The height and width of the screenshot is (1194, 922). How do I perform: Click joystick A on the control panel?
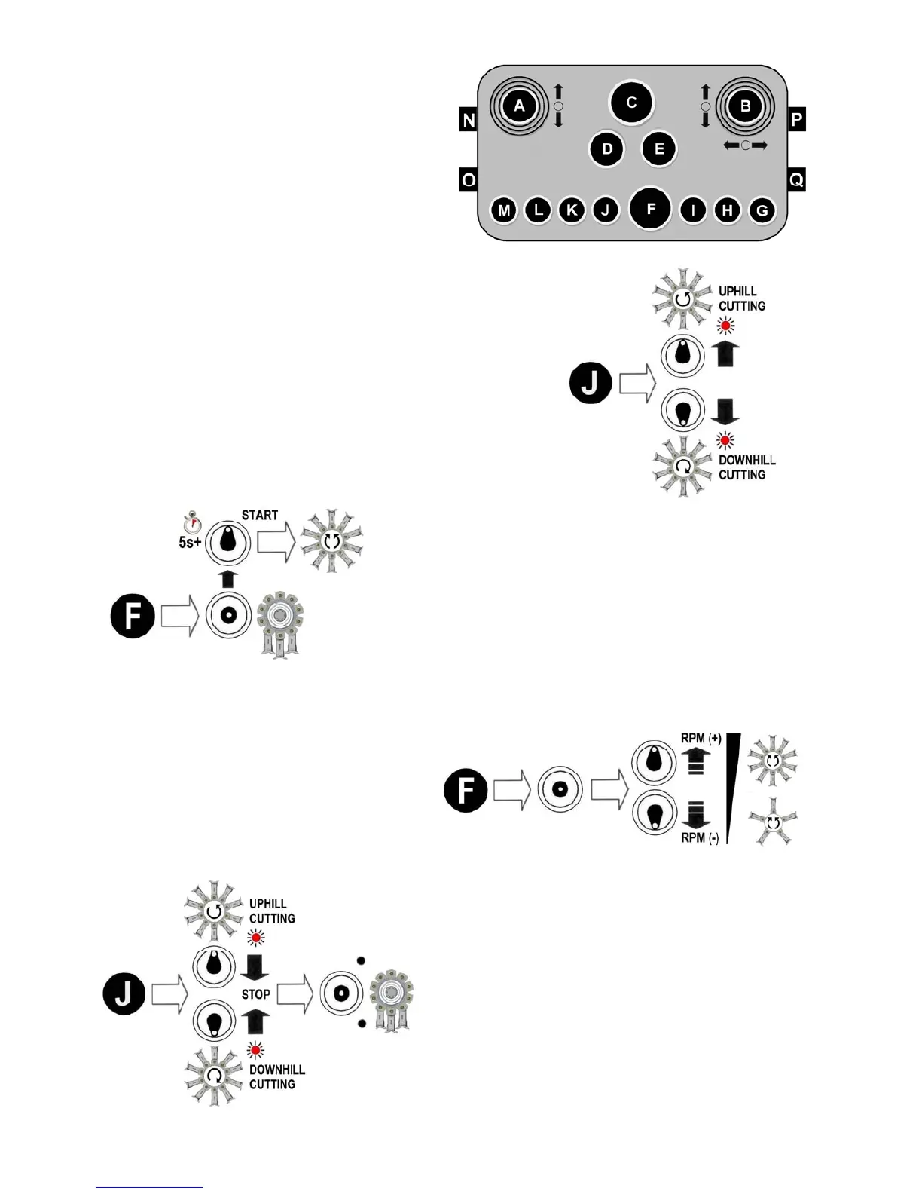(519, 106)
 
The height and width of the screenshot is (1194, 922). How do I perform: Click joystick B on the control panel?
(745, 106)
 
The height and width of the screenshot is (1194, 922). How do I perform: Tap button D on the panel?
(607, 149)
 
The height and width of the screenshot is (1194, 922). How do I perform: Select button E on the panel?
(659, 149)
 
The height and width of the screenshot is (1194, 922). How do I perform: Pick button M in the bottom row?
(503, 210)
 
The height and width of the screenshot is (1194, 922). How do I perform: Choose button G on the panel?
(762, 210)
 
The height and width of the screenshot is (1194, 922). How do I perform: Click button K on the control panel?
(572, 210)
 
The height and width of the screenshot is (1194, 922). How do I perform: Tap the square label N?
(469, 120)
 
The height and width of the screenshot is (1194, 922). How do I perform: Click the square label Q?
(796, 180)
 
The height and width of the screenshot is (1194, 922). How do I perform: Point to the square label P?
(796, 120)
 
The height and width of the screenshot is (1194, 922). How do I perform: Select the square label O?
(469, 180)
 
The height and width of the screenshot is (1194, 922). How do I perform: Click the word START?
(260, 516)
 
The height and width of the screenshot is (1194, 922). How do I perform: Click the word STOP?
(256, 994)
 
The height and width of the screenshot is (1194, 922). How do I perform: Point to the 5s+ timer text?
(190, 542)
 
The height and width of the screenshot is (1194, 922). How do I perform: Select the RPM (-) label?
(700, 837)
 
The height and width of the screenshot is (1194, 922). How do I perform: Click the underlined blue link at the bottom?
(149, 1187)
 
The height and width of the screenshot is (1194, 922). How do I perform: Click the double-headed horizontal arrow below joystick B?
(745, 145)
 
